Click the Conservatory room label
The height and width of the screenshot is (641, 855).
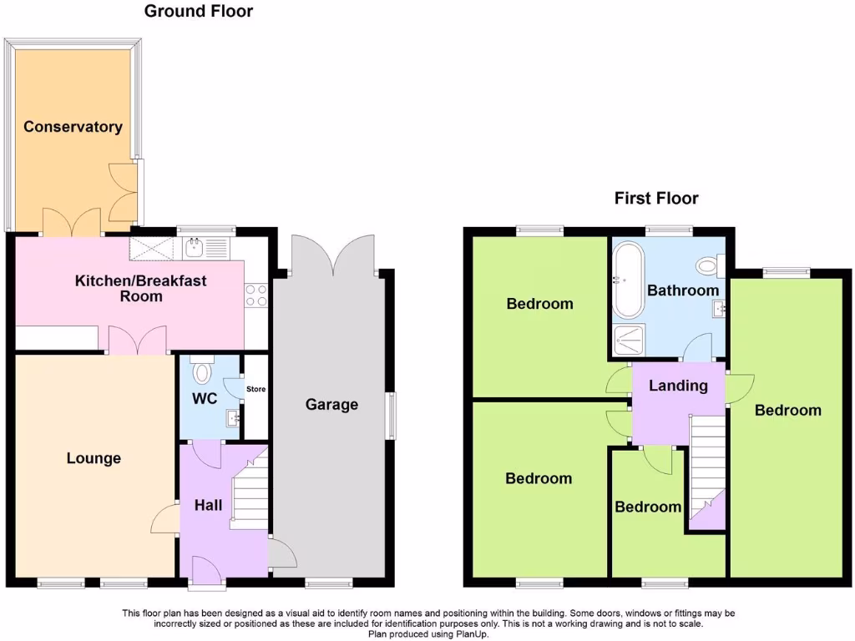[73, 127]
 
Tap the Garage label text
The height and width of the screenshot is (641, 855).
[331, 405]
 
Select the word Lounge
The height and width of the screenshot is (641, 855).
[94, 458]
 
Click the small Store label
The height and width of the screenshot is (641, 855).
[255, 389]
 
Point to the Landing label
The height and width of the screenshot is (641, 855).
[679, 386]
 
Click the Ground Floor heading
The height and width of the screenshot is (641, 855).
[199, 12]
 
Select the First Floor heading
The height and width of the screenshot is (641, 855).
[656, 199]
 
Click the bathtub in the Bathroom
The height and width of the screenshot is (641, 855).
[627, 280]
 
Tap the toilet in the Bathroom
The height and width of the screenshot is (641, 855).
[708, 266]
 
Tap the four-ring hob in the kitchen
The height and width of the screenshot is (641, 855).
[255, 295]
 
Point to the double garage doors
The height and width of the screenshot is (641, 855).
[332, 254]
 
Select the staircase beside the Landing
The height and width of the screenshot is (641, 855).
[706, 467]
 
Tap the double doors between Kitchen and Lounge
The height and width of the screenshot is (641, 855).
[138, 340]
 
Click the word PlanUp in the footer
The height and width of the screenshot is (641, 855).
[470, 634]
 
